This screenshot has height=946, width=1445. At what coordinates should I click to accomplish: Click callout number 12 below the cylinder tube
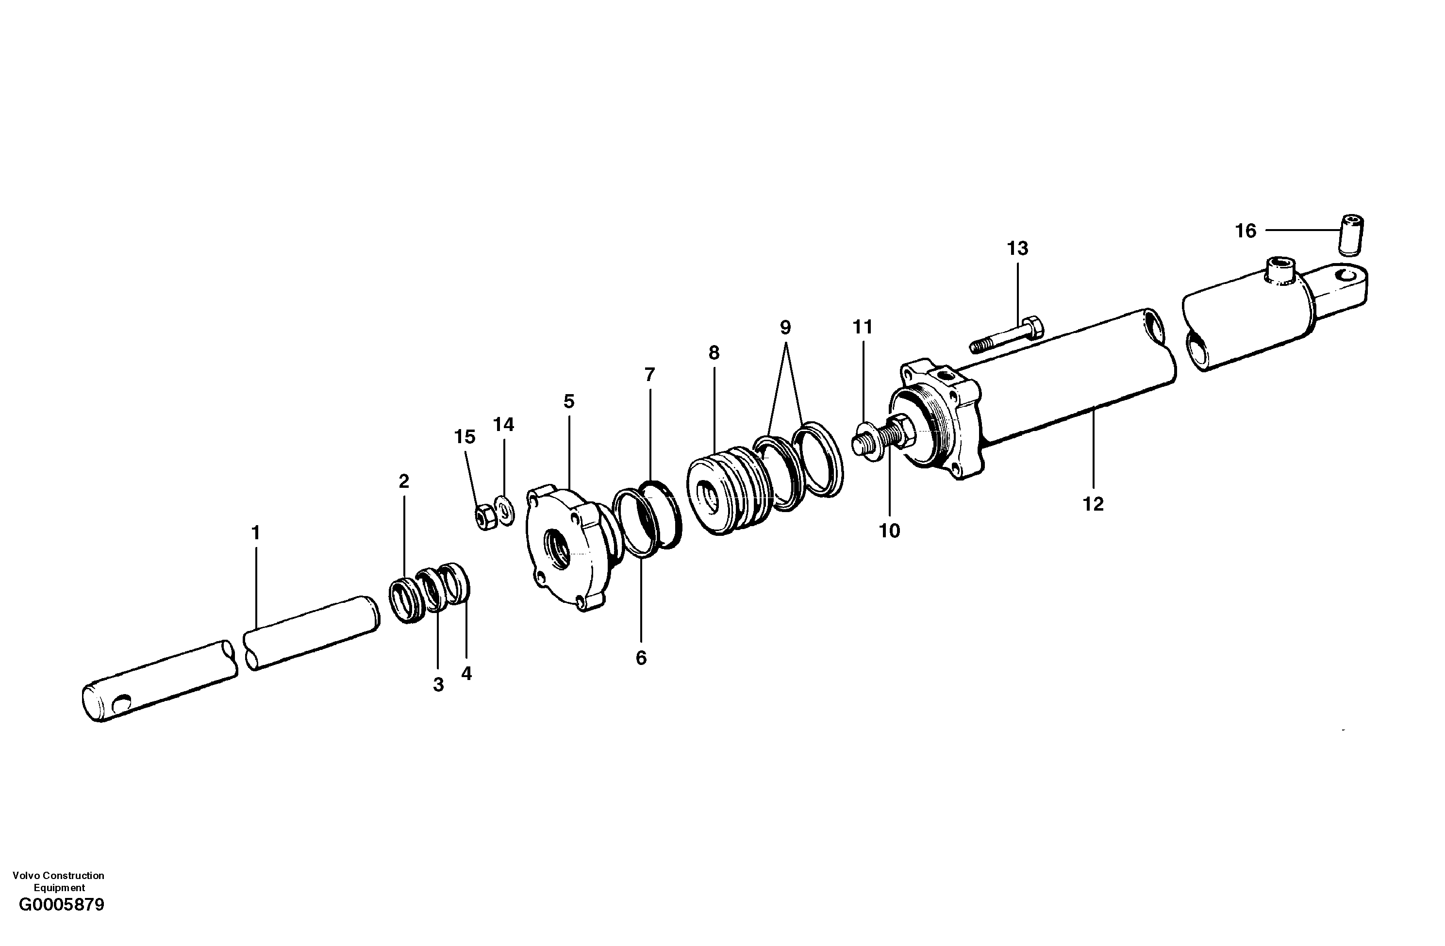point(1093,503)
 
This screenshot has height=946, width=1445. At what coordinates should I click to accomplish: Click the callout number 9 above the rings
point(785,328)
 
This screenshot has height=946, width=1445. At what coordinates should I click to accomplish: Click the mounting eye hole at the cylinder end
point(1348,276)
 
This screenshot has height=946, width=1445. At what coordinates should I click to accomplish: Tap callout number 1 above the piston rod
point(256,532)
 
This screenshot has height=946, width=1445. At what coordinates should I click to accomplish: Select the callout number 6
point(641,658)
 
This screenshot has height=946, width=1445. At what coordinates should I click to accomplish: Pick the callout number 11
point(862,327)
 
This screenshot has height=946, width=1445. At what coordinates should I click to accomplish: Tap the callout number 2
point(404,481)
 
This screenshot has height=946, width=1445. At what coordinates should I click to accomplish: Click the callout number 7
point(649,375)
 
